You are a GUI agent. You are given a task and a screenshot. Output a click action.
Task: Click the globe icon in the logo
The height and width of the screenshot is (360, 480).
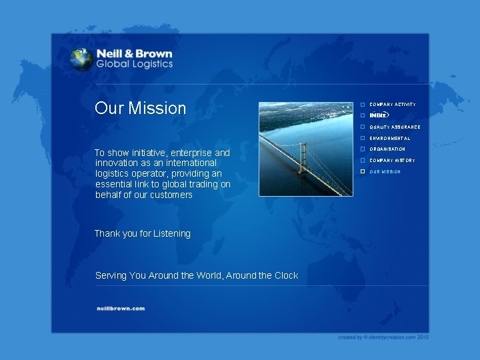pos(81,59)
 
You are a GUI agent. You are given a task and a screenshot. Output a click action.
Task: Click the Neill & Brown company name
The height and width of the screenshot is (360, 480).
pos(134,53)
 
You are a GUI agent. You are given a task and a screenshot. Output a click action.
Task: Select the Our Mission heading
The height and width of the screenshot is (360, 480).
pos(140,108)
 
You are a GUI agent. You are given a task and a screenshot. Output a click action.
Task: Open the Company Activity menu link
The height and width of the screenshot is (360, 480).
pos(393,105)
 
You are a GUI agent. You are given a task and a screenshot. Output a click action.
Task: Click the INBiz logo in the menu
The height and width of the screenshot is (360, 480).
pos(379,115)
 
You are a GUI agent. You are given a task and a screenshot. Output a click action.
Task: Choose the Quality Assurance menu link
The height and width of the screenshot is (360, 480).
pos(395,127)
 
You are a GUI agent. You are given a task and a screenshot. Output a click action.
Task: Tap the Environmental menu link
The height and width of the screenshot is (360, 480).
pos(390,138)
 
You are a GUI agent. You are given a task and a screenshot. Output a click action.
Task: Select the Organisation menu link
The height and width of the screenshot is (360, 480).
pos(387,149)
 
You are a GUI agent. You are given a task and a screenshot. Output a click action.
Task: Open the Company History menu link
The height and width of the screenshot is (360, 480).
pos(392,161)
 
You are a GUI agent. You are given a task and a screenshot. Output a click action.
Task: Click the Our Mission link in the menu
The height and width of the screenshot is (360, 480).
pos(385,172)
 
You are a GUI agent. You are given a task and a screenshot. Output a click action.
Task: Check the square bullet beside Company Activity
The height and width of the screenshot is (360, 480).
pos(363,105)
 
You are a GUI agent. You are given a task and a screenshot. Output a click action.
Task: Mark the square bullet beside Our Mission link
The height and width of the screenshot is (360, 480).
pos(363,172)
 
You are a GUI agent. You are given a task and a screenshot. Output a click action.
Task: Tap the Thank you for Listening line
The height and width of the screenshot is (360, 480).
pos(142,233)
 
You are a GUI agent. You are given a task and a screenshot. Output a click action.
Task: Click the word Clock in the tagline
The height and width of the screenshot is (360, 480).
pos(286,275)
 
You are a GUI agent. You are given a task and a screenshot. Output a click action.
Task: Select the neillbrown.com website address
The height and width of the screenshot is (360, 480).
pos(121,308)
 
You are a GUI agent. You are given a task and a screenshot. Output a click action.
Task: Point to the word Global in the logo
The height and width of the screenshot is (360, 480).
pos(112,65)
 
